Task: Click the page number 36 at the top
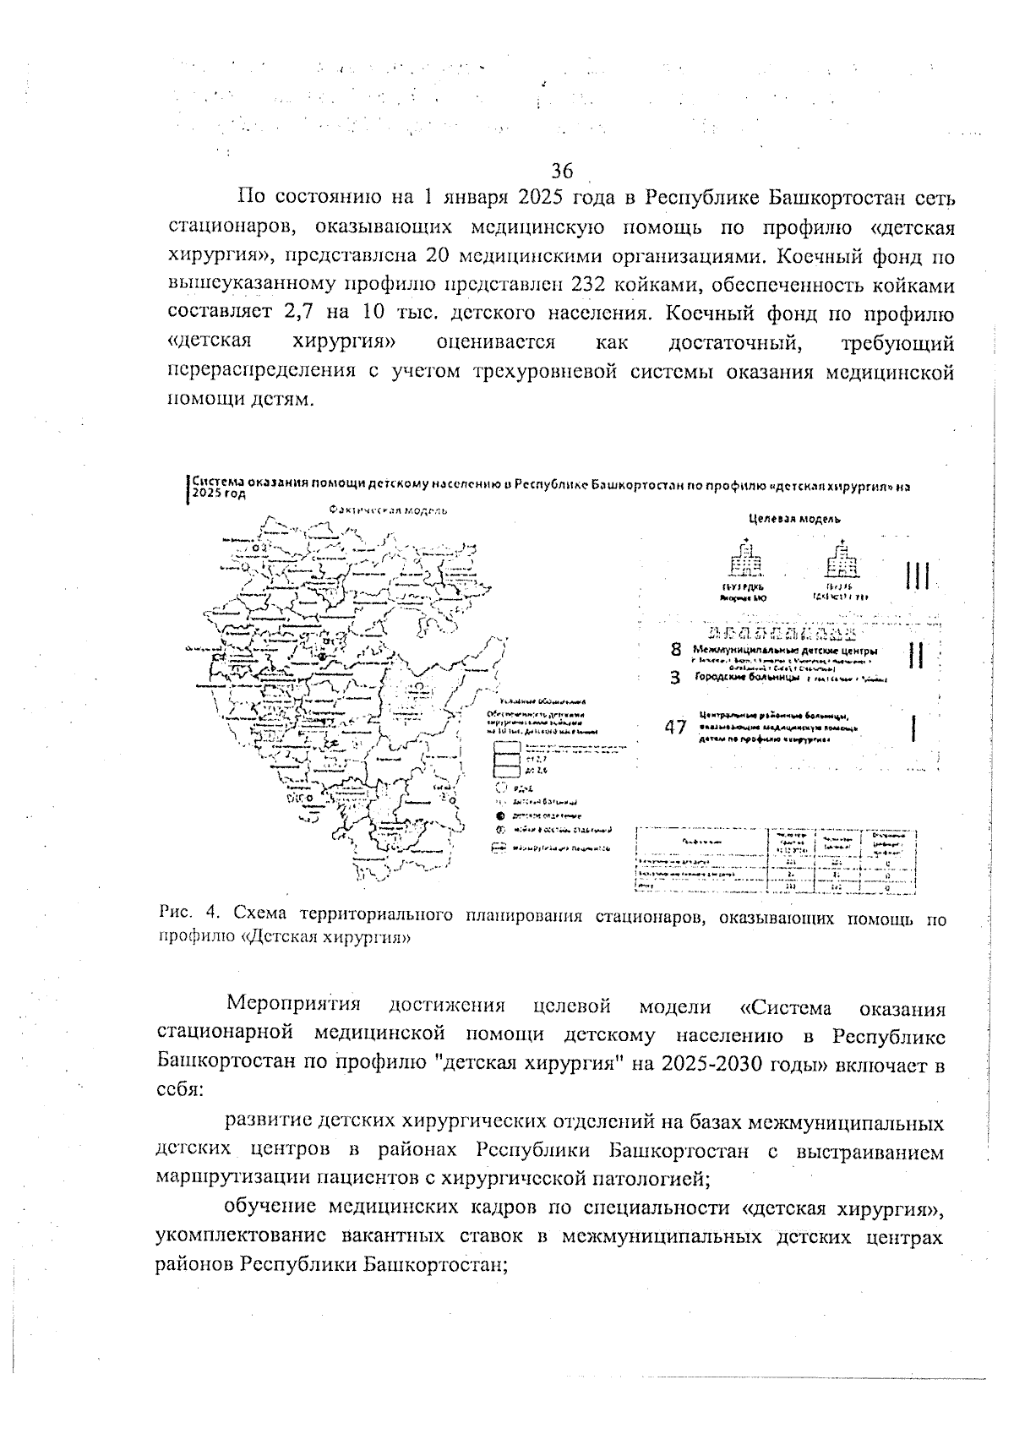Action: point(562,171)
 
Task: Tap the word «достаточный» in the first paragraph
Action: point(734,342)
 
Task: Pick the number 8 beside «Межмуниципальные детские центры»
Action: point(676,650)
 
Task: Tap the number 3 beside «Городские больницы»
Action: point(676,677)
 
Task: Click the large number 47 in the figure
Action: point(675,728)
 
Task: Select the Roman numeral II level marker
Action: point(915,656)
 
